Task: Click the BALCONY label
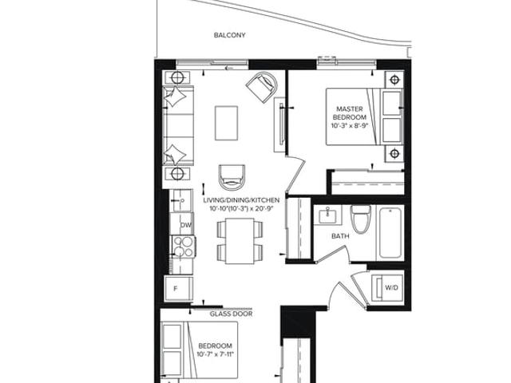[229, 35]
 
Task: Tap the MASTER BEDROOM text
[350, 113]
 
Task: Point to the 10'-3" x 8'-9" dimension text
[350, 126]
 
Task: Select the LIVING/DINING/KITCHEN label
[241, 200]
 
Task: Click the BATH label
[340, 236]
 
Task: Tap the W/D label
[391, 287]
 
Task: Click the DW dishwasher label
[186, 225]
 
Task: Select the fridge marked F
[178, 288]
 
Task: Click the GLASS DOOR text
[231, 314]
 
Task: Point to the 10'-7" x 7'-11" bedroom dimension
[216, 354]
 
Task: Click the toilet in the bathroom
[360, 219]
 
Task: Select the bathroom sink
[327, 215]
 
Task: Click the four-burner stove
[183, 247]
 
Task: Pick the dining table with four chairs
[240, 241]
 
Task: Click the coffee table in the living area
[226, 123]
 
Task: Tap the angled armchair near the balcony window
[262, 87]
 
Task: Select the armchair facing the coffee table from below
[232, 177]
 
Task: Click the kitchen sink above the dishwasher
[180, 200]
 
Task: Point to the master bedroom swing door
[295, 173]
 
